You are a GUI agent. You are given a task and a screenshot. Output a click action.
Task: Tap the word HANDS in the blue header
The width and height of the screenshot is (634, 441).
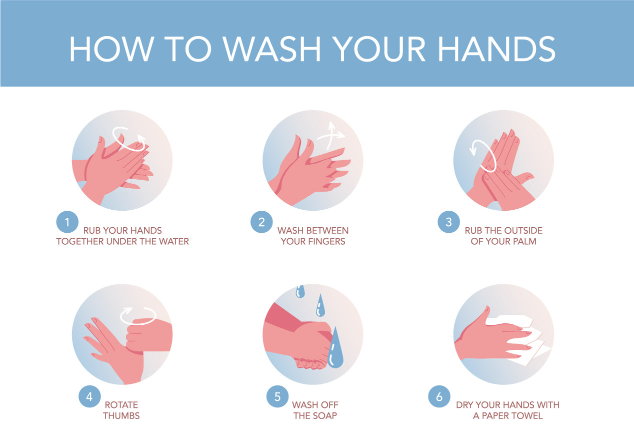click(x=496, y=49)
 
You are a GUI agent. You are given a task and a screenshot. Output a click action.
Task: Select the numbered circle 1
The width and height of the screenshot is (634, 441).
click(x=67, y=222)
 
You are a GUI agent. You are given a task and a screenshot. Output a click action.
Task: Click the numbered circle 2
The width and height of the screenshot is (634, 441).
click(x=261, y=222)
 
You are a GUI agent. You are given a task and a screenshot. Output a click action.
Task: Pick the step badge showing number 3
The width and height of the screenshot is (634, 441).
click(x=448, y=222)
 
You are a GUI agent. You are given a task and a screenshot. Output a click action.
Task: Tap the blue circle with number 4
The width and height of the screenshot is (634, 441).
click(x=89, y=396)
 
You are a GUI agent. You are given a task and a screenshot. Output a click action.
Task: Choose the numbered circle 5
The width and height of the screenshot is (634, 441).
click(x=277, y=396)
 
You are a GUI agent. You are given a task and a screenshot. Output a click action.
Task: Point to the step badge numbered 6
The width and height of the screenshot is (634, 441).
click(x=439, y=396)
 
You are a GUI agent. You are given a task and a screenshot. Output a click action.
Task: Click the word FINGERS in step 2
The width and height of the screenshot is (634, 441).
click(x=326, y=241)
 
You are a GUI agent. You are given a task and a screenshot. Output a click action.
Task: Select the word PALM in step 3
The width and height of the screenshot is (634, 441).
click(x=524, y=241)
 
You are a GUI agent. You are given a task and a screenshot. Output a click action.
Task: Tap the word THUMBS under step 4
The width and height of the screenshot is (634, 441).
click(x=121, y=416)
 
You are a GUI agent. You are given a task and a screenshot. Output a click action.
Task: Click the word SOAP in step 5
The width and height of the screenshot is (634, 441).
click(x=327, y=416)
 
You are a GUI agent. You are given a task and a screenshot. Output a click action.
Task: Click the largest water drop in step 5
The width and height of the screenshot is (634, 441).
click(x=335, y=348)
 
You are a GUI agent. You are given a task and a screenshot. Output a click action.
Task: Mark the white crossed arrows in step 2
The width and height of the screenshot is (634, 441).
click(x=330, y=136)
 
